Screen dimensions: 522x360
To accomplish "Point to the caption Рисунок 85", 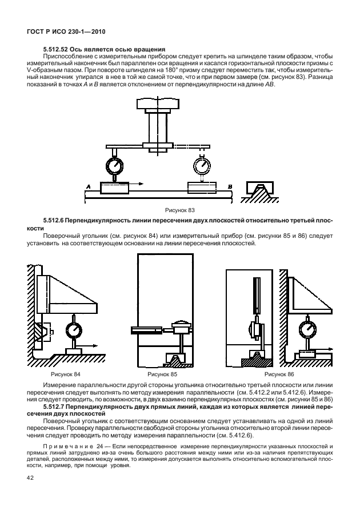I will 161,374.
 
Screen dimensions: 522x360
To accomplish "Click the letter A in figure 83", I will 88,186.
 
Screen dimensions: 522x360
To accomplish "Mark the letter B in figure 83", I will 230,186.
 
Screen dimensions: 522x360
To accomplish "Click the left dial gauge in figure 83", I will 114,166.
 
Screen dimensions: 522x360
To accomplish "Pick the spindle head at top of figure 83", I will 155,105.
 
